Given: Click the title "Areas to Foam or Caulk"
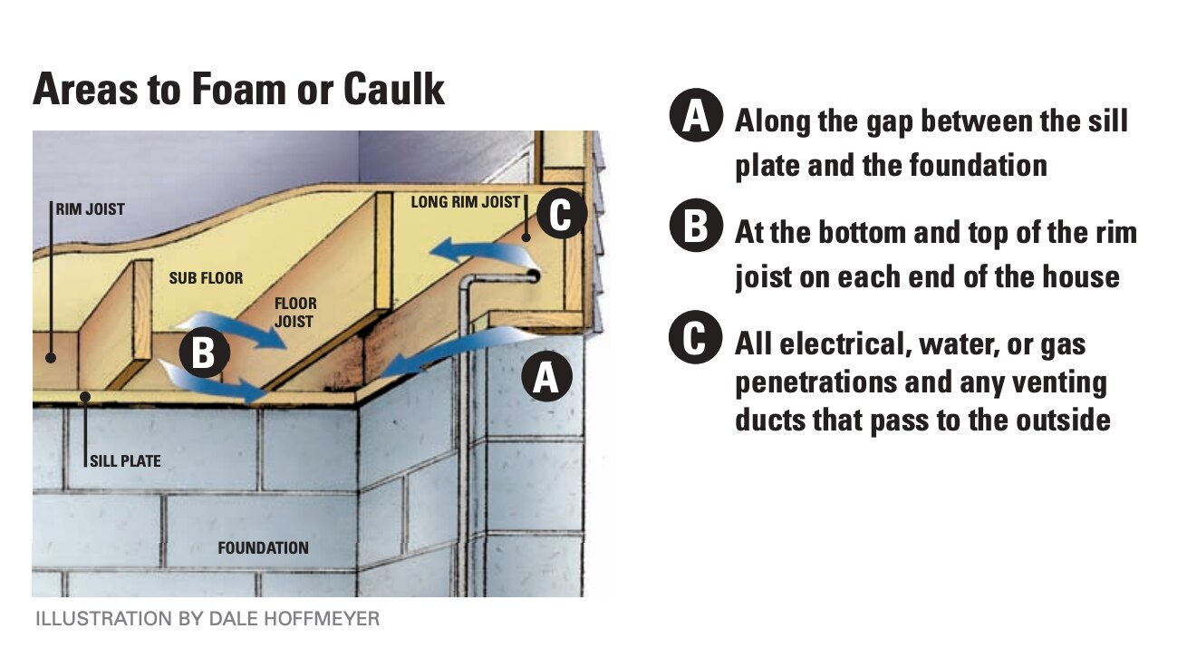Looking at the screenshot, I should (x=238, y=91).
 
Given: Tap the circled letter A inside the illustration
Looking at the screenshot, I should (x=545, y=377).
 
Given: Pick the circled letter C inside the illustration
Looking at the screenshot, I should (x=561, y=216).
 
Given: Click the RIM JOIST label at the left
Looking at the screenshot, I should (x=91, y=209).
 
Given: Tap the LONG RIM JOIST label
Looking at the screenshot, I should (x=466, y=201).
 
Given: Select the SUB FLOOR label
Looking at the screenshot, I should (x=206, y=278).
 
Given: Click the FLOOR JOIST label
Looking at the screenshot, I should (x=295, y=312).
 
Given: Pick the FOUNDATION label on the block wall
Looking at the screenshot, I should (x=263, y=547).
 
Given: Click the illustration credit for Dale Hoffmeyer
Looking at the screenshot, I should (x=207, y=620).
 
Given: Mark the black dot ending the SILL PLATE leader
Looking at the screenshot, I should (x=83, y=396).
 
